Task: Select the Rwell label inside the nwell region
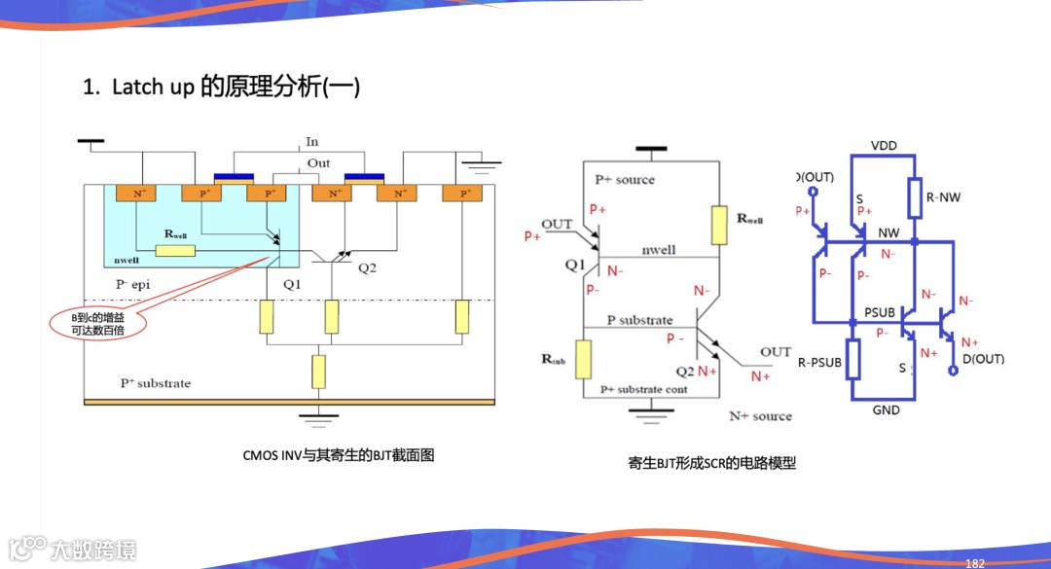[175, 234]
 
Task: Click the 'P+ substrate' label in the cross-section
[156, 383]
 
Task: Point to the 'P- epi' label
[135, 285]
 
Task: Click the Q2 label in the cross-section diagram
[367, 267]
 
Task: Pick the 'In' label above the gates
[312, 142]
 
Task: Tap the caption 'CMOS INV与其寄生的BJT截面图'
[338, 454]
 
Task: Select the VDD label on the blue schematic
[884, 146]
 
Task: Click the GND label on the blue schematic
[886, 410]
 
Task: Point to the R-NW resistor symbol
[915, 198]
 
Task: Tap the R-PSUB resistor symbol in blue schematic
[853, 359]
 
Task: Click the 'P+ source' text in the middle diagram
[625, 180]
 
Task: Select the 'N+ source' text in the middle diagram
[760, 416]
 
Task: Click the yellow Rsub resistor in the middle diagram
[583, 359]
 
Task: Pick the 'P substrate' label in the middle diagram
[639, 320]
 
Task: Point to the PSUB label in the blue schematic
[879, 313]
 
